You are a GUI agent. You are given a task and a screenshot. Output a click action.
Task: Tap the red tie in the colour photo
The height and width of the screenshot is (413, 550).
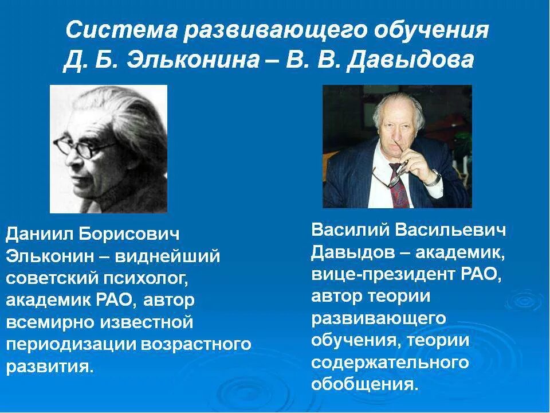pos(399,184)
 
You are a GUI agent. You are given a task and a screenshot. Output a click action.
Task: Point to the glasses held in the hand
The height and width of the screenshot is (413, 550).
pos(395,172)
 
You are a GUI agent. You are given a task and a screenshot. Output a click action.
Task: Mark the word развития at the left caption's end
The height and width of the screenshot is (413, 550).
pos(49,365)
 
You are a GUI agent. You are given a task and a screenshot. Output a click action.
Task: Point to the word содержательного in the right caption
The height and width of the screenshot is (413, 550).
pos(390,362)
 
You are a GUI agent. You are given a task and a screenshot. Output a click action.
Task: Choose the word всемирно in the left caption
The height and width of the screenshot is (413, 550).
pos(49,322)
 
